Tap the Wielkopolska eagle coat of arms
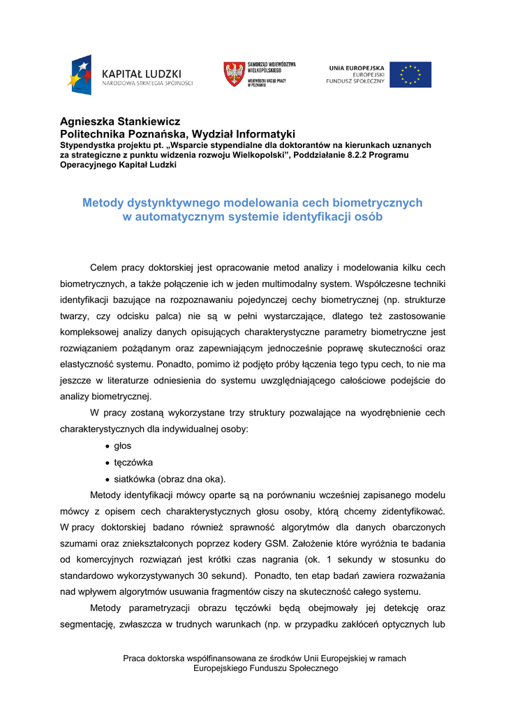[234, 74]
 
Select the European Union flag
[410, 75]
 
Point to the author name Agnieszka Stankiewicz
[120, 121]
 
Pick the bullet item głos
[123, 445]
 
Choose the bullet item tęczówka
[133, 462]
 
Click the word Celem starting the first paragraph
[104, 267]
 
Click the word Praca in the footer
[135, 658]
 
